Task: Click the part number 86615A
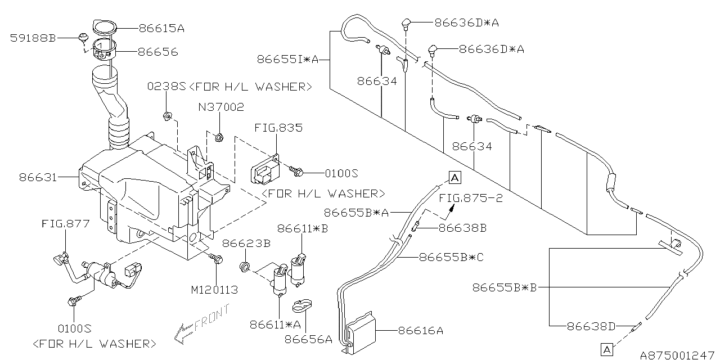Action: point(161,29)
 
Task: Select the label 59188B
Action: point(33,38)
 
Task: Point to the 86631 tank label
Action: point(38,177)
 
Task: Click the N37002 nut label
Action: point(221,107)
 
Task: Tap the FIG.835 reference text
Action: point(278,128)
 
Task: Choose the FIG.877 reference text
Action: point(66,223)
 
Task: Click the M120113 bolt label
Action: point(214,290)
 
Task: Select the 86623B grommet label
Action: point(246,244)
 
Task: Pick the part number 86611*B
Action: point(303,228)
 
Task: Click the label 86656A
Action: point(308,339)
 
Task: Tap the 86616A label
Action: point(421,330)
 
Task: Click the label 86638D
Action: point(591,327)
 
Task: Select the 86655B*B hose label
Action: point(505,287)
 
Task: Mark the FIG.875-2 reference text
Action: point(471,198)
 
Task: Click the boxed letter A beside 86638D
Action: point(606,349)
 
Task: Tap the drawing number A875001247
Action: point(677,355)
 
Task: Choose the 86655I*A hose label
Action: point(287,60)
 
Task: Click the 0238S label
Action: point(166,86)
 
